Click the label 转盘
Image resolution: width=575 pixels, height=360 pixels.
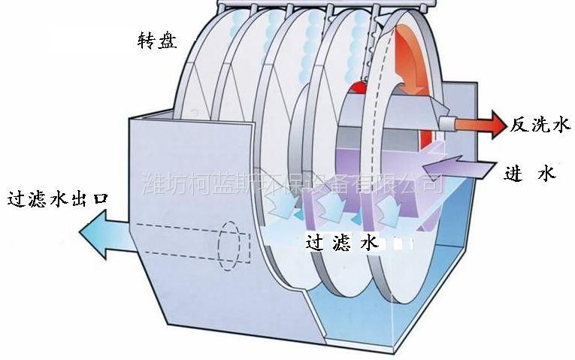click(x=157, y=41)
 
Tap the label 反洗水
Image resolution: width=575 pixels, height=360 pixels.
click(x=540, y=126)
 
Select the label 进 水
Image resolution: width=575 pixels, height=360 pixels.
click(x=530, y=174)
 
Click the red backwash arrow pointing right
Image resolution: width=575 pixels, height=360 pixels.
click(x=487, y=123)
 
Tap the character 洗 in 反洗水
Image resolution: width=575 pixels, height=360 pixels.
click(x=540, y=126)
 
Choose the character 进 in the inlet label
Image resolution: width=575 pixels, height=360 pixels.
click(x=513, y=174)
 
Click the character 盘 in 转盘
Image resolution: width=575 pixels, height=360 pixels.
click(x=168, y=41)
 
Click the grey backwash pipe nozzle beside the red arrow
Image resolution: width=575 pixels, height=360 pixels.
click(x=449, y=120)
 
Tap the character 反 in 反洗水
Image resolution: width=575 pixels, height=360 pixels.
click(x=520, y=126)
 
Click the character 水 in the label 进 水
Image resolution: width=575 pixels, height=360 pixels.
click(x=547, y=174)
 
